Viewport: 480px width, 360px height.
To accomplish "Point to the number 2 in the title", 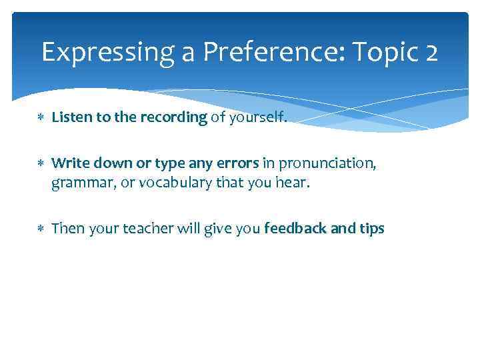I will coord(430,52).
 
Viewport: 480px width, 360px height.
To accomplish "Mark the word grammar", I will coord(81,182).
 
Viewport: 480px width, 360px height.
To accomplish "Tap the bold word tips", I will coord(371,229).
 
